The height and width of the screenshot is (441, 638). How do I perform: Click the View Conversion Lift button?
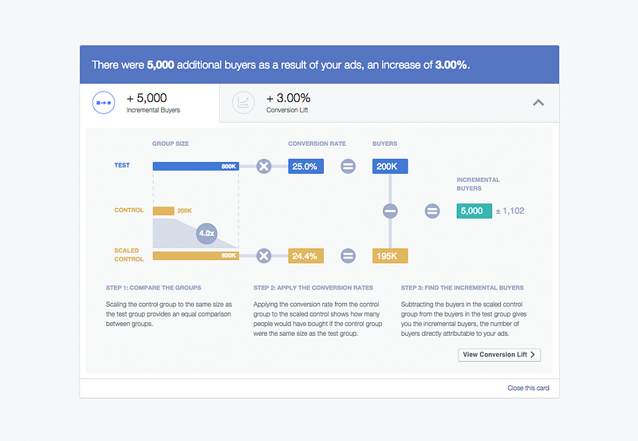click(x=499, y=355)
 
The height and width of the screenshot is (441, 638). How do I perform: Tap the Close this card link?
click(x=528, y=388)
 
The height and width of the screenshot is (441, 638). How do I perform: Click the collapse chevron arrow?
click(x=538, y=103)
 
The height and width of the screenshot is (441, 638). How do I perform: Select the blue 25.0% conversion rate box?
click(x=306, y=167)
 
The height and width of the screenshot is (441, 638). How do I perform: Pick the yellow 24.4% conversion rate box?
click(x=306, y=256)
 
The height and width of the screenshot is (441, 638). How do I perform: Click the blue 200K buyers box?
click(x=390, y=167)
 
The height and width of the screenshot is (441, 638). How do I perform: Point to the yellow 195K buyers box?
click(x=390, y=256)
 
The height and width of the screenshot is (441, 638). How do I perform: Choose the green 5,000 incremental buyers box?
click(x=475, y=211)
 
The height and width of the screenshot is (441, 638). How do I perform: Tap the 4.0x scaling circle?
click(x=207, y=234)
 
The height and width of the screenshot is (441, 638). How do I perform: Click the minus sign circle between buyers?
click(x=390, y=211)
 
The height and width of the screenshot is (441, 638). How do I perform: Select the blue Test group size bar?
click(x=195, y=167)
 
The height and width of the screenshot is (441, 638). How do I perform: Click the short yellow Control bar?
click(x=163, y=211)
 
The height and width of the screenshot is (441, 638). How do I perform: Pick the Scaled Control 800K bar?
click(x=195, y=256)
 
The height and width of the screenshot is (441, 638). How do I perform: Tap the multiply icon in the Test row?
click(x=264, y=167)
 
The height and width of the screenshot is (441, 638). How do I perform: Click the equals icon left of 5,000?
click(x=432, y=211)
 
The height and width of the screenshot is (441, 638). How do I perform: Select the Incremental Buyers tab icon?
click(x=104, y=103)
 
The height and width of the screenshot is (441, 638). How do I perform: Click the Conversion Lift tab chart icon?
click(x=243, y=103)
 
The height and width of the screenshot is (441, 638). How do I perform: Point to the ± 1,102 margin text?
click(x=510, y=211)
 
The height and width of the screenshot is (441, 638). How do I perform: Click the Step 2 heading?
click(x=313, y=288)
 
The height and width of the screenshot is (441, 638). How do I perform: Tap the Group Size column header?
click(x=171, y=144)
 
